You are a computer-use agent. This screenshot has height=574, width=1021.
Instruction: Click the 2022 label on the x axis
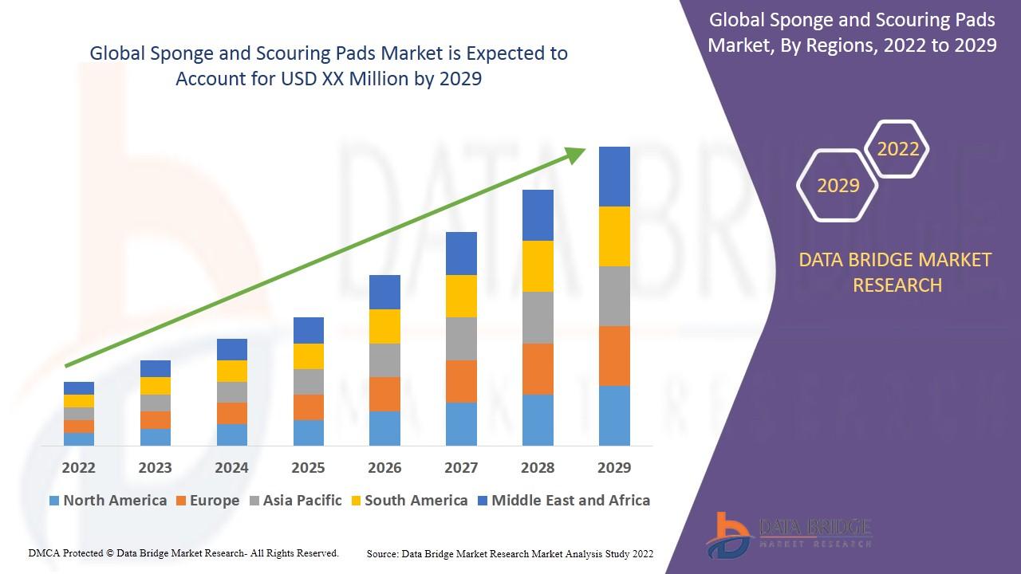78,467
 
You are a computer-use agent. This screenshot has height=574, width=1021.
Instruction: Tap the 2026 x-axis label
384,467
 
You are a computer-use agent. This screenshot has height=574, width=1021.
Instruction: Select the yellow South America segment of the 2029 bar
614,236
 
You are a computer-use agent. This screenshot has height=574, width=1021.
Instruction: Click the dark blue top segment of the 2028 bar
538,215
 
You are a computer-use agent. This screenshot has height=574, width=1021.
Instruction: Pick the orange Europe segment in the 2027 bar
461,381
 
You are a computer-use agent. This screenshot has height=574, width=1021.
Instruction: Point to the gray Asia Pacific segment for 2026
384,360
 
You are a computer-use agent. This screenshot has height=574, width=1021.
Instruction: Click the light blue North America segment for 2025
308,432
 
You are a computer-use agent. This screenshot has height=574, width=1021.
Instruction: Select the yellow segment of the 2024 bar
231,371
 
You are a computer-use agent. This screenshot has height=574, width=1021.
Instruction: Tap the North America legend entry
108,501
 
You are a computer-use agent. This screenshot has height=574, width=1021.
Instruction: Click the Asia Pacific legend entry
295,501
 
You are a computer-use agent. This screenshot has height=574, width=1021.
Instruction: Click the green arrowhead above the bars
576,154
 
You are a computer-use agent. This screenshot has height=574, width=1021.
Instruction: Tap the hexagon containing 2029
838,185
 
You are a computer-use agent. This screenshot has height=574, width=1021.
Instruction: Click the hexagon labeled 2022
898,149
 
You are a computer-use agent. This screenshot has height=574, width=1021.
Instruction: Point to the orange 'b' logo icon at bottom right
728,534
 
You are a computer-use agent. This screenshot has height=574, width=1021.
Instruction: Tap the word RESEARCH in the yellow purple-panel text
897,285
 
